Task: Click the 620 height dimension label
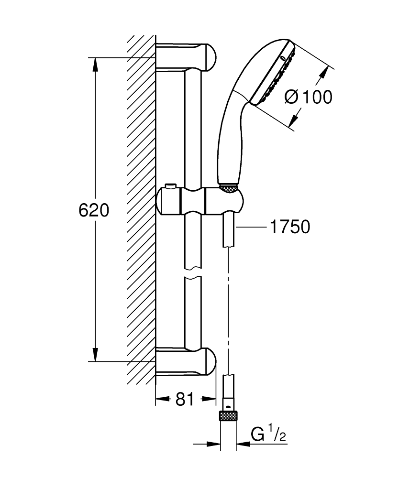[94, 210]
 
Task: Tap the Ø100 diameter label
[308, 97]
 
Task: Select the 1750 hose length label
[290, 227]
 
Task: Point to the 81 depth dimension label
[184, 399]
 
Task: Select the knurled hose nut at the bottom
[229, 415]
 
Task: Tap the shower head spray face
[273, 74]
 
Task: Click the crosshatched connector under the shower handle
[229, 188]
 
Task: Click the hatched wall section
[142, 210]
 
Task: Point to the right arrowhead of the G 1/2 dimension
[242, 444]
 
